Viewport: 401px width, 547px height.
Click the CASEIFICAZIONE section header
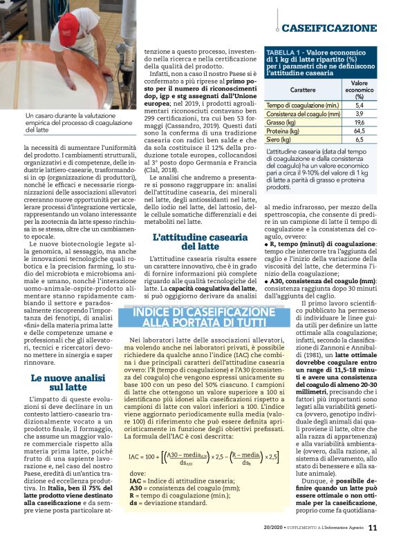click(x=328, y=28)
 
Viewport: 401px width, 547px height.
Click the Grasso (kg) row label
click(x=282, y=122)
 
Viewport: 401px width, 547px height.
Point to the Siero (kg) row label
click(x=280, y=139)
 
